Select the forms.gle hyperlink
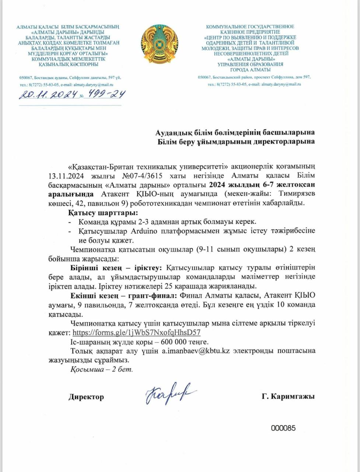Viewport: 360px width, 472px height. pyautogui.click(x=136, y=332)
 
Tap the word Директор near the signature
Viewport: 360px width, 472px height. pyautogui.click(x=86, y=397)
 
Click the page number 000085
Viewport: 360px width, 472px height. pyautogui.click(x=283, y=428)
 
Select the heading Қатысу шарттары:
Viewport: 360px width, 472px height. pyautogui.click(x=103, y=213)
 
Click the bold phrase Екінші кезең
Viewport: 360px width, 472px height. pyautogui.click(x=95, y=295)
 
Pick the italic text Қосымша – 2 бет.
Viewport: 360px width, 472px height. pyautogui.click(x=101, y=369)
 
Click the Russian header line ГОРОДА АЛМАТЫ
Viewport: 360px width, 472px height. pyautogui.click(x=250, y=70)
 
